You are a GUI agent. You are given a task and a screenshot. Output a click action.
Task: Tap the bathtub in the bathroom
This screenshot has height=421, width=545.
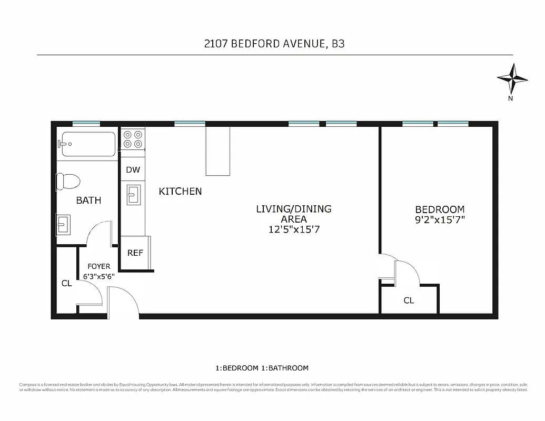click(x=88, y=144)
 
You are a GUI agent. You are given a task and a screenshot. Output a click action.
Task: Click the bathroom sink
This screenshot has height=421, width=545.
click(x=63, y=225)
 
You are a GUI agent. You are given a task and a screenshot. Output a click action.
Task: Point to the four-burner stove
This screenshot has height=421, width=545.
click(x=133, y=139)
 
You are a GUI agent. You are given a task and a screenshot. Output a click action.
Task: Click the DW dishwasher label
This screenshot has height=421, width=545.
click(x=133, y=170)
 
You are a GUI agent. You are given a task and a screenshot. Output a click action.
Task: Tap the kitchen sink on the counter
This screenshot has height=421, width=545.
click(x=132, y=195)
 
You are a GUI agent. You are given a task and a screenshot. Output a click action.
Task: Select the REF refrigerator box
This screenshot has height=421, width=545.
click(x=135, y=253)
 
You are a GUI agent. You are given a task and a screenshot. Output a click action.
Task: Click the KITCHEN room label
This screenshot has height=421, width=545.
click(x=180, y=192)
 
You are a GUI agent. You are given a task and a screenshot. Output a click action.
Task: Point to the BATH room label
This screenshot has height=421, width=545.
click(x=88, y=201)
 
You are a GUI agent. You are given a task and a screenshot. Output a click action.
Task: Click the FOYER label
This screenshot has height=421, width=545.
click(x=98, y=266)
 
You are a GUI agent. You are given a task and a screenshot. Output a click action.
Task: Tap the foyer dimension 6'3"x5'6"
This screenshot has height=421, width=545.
click(x=98, y=276)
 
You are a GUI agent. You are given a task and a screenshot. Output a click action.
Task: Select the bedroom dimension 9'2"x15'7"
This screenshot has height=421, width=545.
click(x=440, y=219)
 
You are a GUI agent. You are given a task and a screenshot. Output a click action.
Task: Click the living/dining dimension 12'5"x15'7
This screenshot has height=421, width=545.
click(x=293, y=229)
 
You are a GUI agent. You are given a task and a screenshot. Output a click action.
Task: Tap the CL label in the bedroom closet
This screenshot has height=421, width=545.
click(x=409, y=300)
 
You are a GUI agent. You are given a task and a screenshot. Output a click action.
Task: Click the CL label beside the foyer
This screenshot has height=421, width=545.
click(x=66, y=284)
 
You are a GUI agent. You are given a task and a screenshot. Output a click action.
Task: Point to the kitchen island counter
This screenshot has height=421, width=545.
click(x=218, y=151)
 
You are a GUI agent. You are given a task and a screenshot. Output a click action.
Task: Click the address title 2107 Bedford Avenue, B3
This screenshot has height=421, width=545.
click(x=274, y=44)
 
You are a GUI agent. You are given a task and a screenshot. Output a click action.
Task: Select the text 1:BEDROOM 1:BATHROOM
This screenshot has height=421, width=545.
click(x=262, y=368)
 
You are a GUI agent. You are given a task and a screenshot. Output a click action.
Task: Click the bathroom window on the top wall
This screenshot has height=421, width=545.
click(x=86, y=124)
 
